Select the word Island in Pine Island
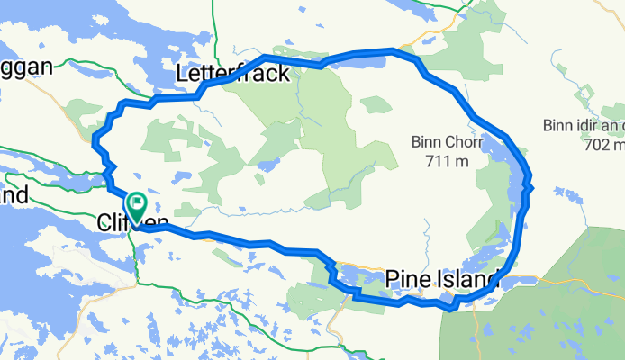coord(466,280)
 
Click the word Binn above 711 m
coord(428,141)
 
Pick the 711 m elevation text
coord(447,161)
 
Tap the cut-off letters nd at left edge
coord(14,195)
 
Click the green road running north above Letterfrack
coord(215,27)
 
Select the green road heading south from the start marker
coord(136,261)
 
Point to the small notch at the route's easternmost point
coord(533,187)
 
